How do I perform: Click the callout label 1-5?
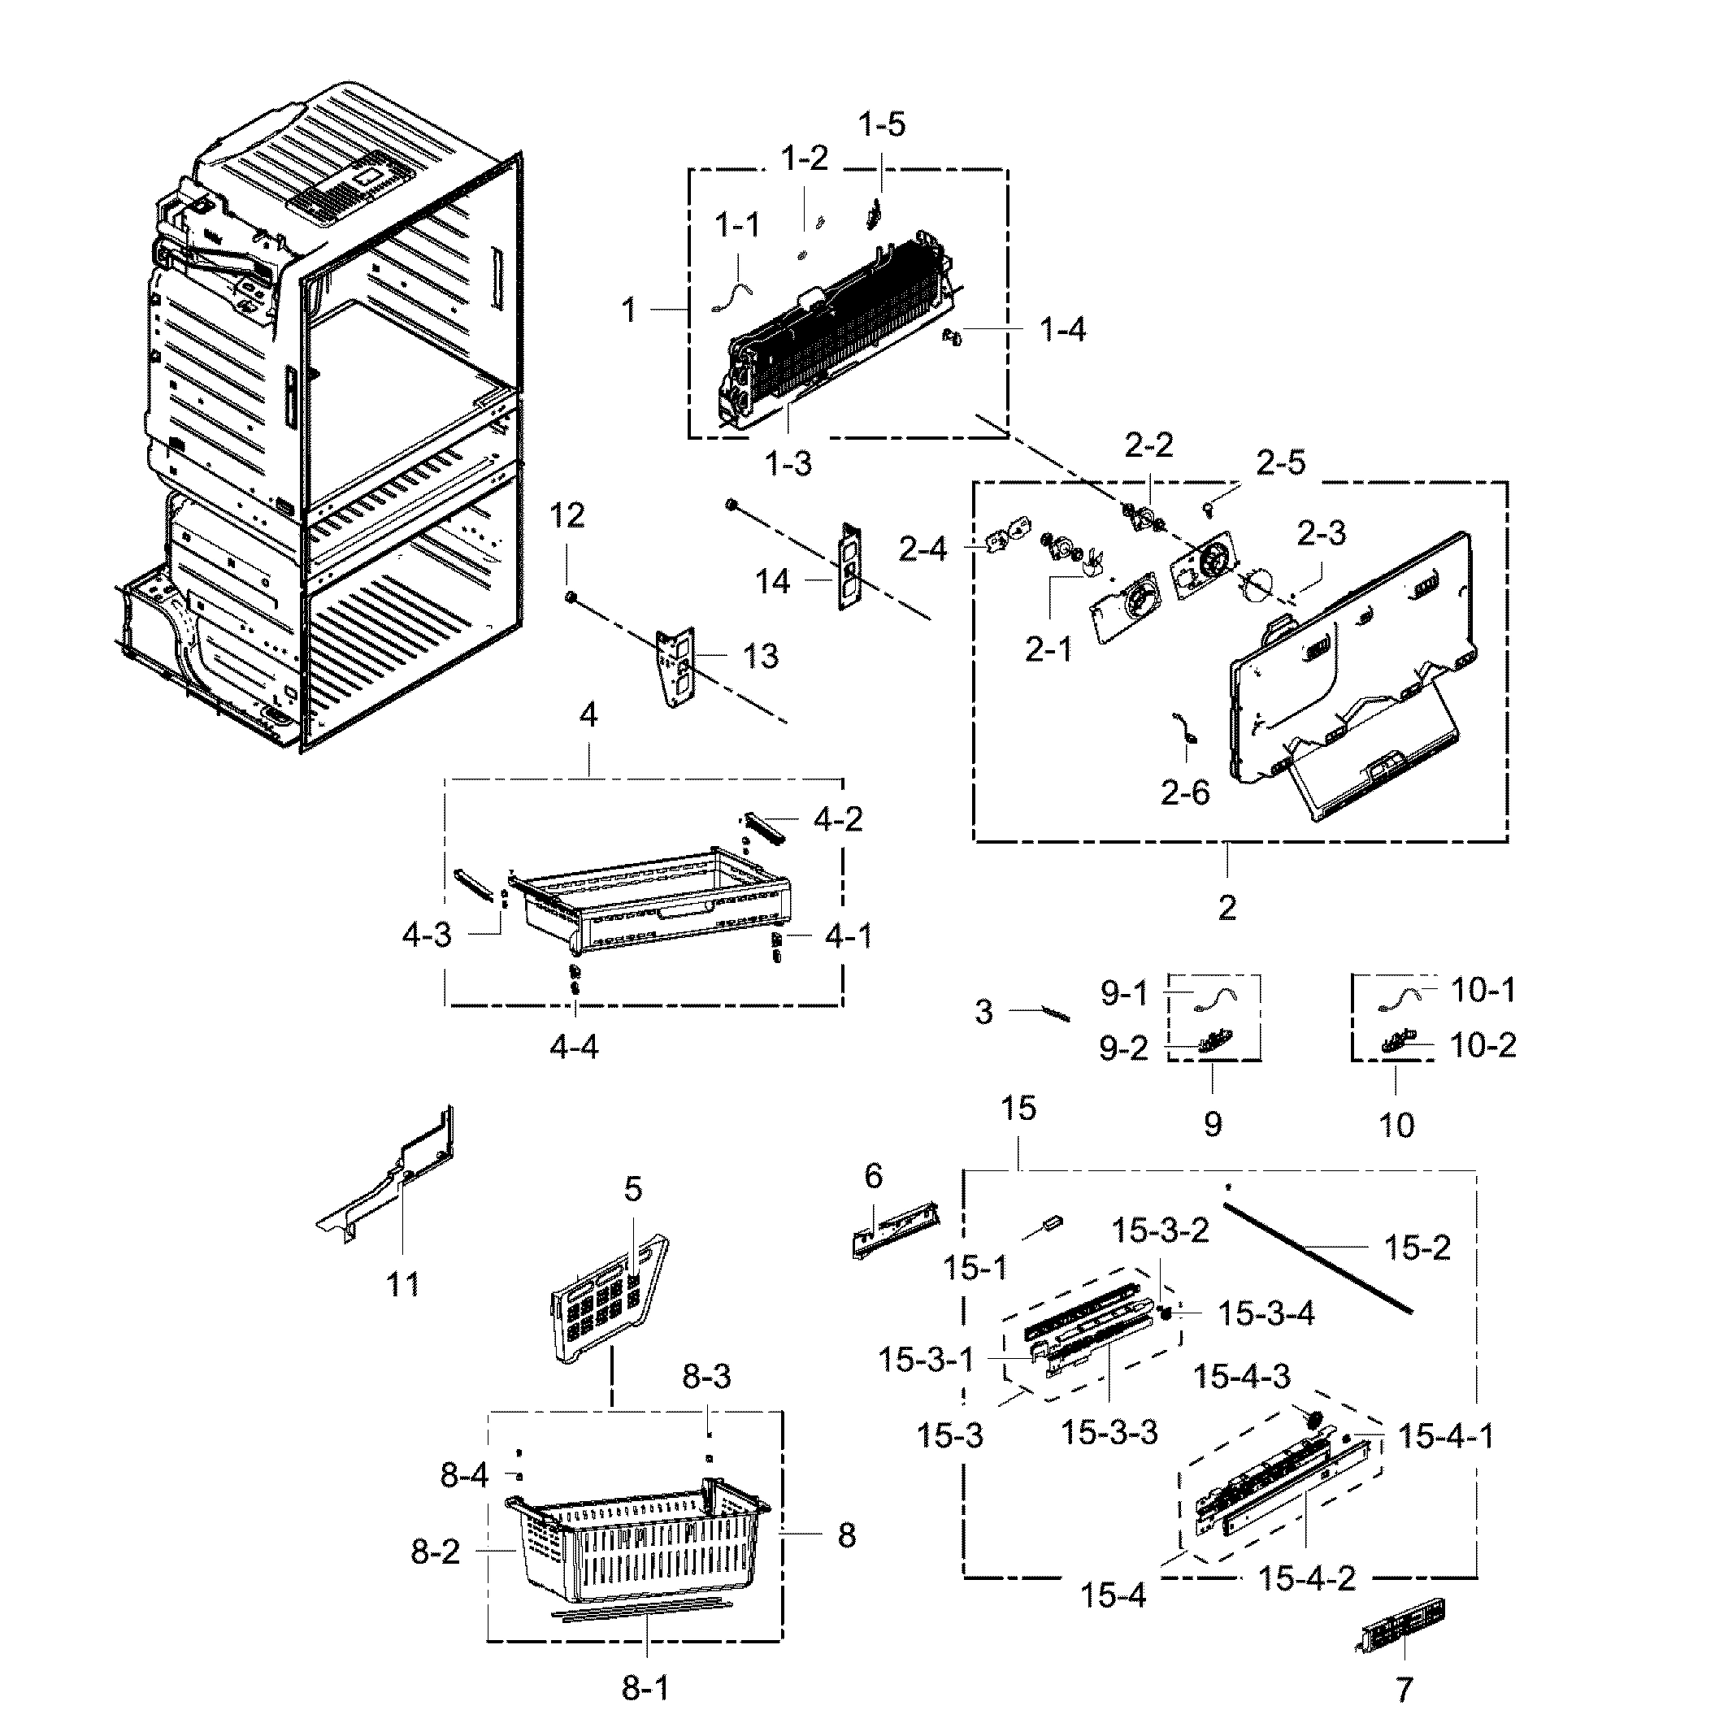tap(882, 124)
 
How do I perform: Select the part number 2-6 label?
tap(1185, 792)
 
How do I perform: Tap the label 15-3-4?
tap(1266, 1314)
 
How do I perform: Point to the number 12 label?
tap(567, 515)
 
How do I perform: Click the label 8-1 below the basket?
tap(645, 1689)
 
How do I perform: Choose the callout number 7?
tap(1405, 1690)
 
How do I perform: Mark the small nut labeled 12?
tap(570, 596)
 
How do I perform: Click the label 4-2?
tap(838, 819)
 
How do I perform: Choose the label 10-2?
tap(1482, 1044)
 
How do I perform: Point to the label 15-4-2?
tap(1307, 1578)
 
